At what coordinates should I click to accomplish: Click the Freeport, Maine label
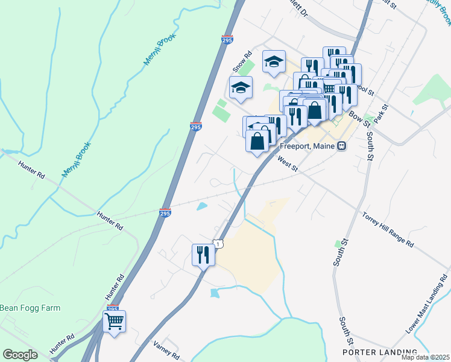pos(307,146)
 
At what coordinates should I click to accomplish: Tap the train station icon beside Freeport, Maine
pos(342,146)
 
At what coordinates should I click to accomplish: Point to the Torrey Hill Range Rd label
pos(388,230)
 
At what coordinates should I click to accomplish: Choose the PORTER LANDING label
pos(379,352)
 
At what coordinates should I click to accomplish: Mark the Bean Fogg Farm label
pos(30,308)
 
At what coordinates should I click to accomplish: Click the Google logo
pos(20,354)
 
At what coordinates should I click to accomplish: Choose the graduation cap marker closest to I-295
pos(241,87)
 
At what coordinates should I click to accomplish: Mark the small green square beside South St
pos(338,244)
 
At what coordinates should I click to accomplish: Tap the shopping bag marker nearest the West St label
pos(257,142)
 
